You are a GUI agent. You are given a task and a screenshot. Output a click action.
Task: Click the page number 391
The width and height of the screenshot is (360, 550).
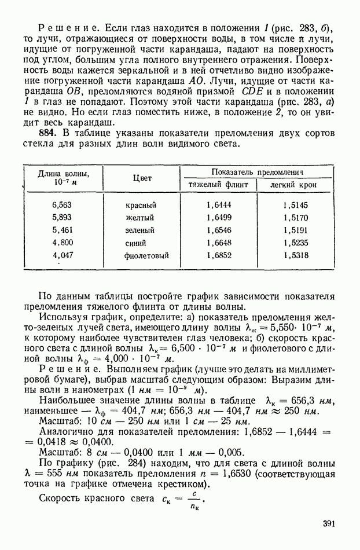329,524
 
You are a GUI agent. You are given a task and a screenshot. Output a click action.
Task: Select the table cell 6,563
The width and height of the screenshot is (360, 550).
62,205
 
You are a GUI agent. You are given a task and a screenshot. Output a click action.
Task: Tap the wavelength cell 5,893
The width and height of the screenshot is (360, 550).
62,218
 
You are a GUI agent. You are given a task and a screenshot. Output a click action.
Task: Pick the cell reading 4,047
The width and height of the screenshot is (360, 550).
63,255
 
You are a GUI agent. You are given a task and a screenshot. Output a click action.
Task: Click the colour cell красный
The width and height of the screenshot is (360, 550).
141,205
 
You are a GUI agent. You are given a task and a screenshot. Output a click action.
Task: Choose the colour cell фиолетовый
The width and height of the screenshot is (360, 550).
148,255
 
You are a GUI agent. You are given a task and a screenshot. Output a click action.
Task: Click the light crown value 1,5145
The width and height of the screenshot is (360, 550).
296,205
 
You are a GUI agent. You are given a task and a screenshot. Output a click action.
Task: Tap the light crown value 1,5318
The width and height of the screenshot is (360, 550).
296,255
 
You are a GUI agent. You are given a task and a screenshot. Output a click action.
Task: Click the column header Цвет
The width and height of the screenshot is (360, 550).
142,178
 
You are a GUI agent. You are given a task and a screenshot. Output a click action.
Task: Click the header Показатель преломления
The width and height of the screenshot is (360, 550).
258,172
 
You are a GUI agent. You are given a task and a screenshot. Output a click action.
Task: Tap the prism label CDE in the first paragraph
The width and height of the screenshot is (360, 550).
255,91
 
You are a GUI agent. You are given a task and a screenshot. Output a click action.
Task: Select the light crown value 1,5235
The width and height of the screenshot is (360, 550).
296,243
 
